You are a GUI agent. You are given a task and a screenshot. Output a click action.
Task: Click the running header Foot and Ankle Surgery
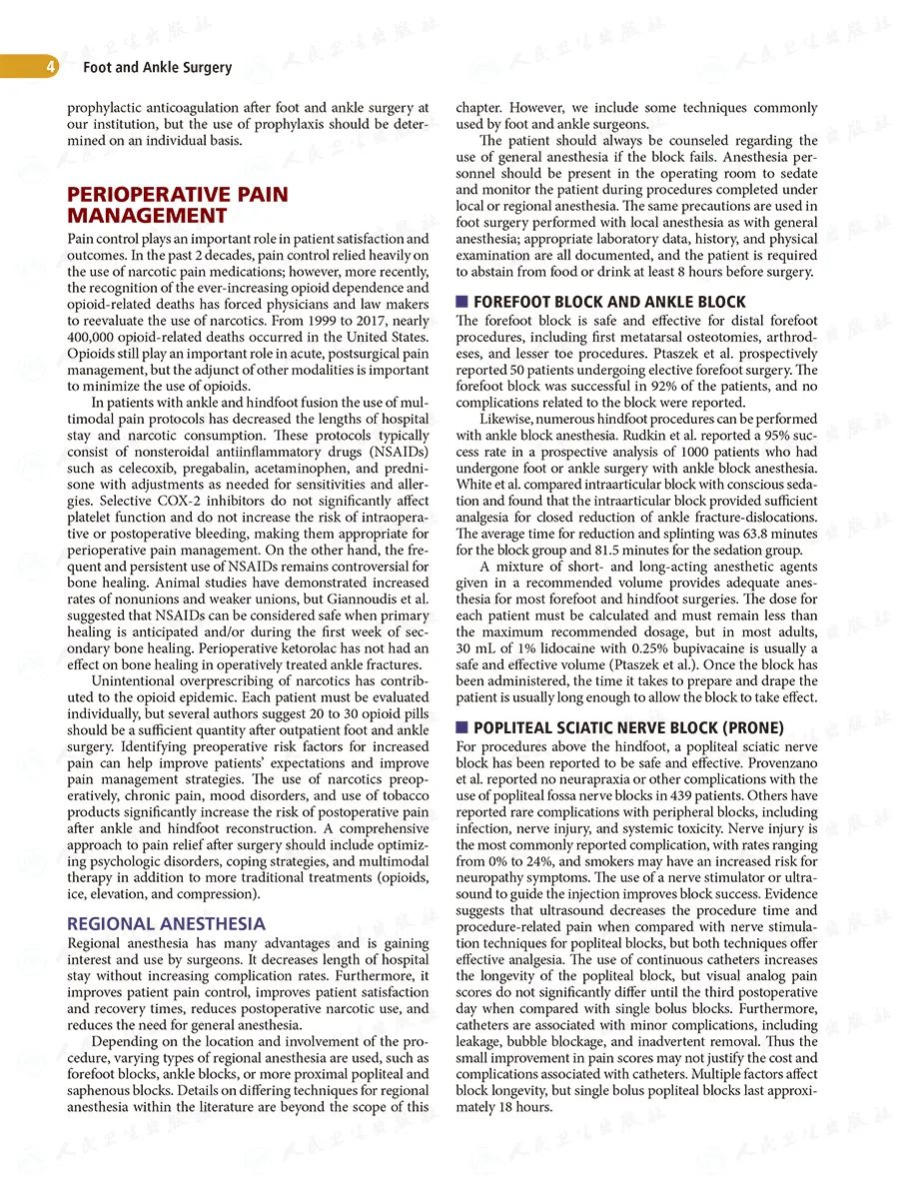(x=157, y=68)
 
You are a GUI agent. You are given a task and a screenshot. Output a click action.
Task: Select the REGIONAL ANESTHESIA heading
(x=166, y=923)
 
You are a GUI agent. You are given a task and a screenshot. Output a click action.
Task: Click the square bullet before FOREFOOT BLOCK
(x=461, y=302)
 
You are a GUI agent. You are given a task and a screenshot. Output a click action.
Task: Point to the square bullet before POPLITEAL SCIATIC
(x=461, y=727)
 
